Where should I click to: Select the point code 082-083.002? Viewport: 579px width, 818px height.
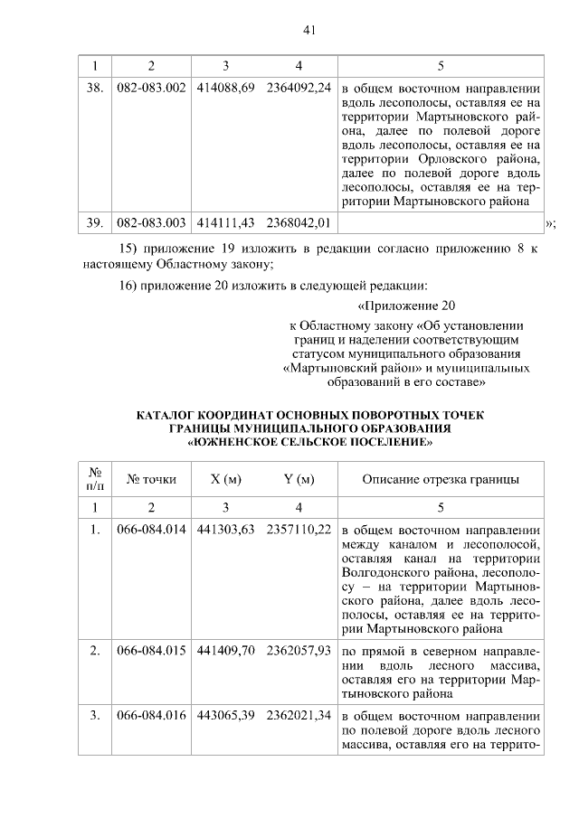151,89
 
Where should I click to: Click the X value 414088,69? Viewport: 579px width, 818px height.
225,89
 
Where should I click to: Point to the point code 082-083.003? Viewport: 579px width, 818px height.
151,221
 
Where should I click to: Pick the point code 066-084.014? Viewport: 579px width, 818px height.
151,530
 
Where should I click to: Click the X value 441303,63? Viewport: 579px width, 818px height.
225,530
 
